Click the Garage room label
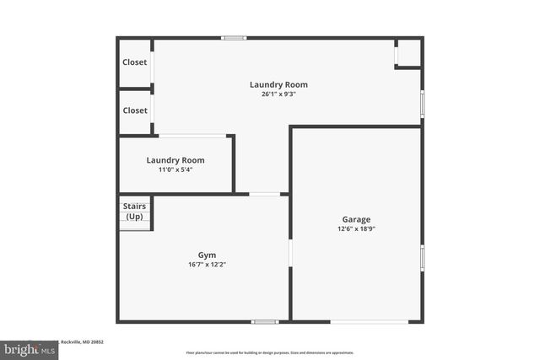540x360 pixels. [356, 219]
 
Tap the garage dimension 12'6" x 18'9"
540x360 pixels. [356, 228]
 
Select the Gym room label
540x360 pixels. [207, 255]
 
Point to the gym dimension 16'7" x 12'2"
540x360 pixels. [207, 264]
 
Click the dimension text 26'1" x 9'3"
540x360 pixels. [278, 94]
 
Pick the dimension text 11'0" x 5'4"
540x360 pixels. [175, 169]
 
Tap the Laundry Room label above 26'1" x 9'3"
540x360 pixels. [278, 84]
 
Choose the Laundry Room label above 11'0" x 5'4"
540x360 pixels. [175, 160]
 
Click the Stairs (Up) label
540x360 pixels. [134, 212]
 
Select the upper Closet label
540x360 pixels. [135, 62]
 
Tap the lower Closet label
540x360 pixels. [135, 110]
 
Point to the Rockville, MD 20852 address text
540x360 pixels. [85, 341]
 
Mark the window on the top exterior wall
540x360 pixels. [234, 38]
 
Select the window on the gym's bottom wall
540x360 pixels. [265, 321]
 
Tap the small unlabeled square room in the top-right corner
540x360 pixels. [409, 53]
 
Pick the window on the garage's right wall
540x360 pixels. [422, 258]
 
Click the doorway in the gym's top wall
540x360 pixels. [265, 194]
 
